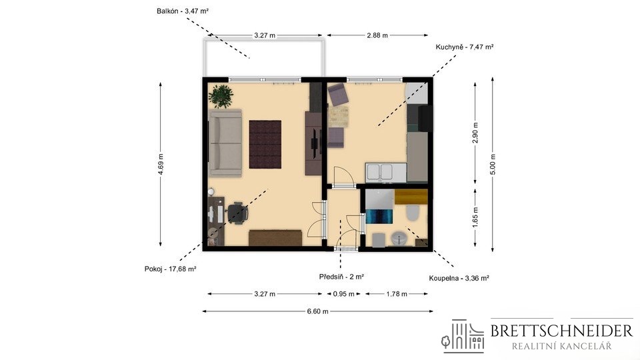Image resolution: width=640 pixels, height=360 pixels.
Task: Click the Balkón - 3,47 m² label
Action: [x=183, y=11]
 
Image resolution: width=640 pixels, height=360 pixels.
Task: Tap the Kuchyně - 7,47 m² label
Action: [x=465, y=47]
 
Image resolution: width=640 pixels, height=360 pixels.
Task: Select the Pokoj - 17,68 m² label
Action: [x=170, y=269]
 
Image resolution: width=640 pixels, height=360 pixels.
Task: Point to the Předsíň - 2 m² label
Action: [x=341, y=277]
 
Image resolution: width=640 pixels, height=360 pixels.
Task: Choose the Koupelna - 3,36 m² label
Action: [x=459, y=279]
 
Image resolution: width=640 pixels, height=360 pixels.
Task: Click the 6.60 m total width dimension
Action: [x=317, y=311]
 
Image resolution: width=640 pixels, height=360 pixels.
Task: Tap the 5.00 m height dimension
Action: [x=493, y=164]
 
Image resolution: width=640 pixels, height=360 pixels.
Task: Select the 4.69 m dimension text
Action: [x=161, y=164]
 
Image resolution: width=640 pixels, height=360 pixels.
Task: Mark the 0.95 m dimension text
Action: [x=344, y=294]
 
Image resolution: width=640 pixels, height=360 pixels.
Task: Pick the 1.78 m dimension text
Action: [x=396, y=294]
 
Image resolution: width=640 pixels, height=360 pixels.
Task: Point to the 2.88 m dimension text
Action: [x=377, y=35]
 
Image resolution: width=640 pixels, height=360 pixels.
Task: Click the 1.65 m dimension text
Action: [x=475, y=217]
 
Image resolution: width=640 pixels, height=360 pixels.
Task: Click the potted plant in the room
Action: [x=221, y=96]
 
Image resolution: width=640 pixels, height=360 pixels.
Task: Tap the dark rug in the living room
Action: [x=265, y=144]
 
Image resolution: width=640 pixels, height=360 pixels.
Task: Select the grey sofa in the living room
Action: [x=225, y=143]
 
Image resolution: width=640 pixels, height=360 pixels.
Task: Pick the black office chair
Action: [x=237, y=213]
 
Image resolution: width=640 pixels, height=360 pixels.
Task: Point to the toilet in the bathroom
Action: [x=413, y=213]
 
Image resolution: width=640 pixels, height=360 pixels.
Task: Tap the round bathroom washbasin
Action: [x=399, y=239]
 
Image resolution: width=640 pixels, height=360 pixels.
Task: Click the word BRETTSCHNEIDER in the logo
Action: [x=561, y=331]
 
